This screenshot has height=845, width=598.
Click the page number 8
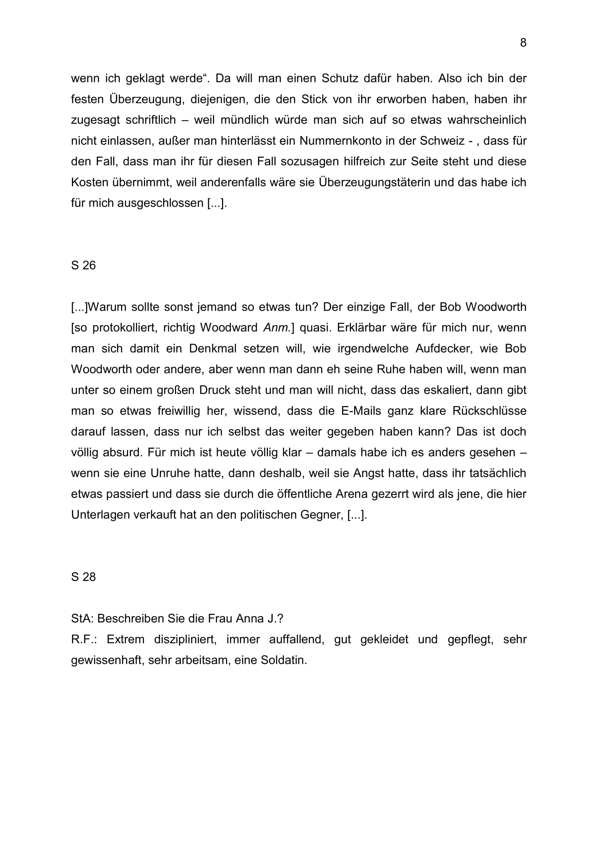click(523, 43)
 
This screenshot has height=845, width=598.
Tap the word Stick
click(314, 99)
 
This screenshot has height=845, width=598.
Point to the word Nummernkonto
click(341, 141)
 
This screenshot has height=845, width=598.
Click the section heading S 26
click(83, 266)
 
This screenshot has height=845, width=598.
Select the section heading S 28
click(83, 577)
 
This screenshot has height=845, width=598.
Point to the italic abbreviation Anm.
click(277, 328)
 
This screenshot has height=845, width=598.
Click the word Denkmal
click(213, 349)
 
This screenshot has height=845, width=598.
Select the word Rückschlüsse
click(490, 411)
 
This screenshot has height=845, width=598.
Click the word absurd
click(122, 452)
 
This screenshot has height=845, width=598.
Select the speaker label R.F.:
click(84, 639)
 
